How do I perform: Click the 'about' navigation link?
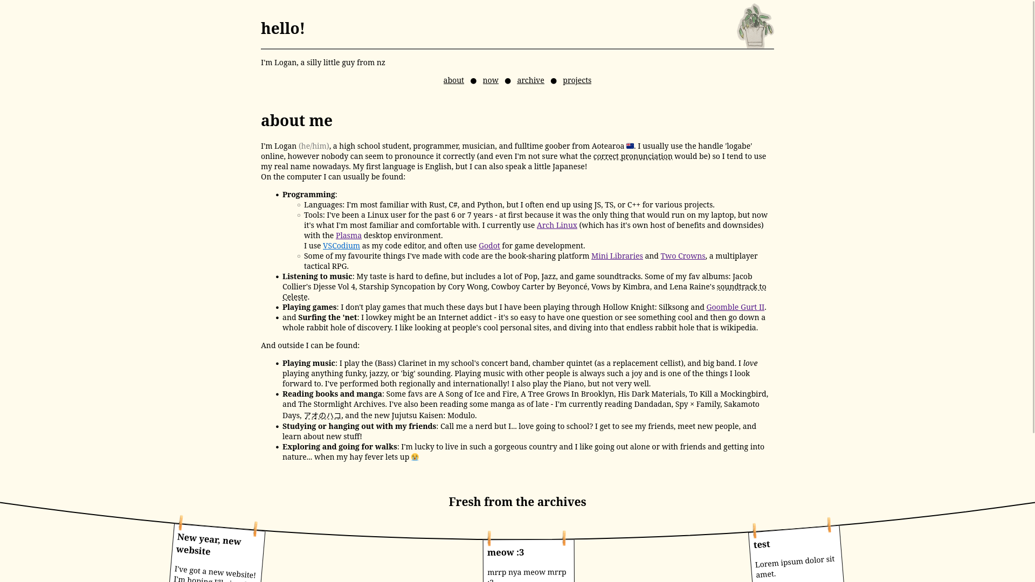[x=453, y=80]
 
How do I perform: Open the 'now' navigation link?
[x=491, y=80]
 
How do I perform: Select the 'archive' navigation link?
[x=530, y=80]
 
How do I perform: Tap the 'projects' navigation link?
[x=577, y=80]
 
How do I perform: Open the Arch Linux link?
[x=557, y=225]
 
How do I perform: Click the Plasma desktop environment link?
[x=349, y=235]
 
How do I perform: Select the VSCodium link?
[x=341, y=246]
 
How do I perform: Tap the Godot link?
[x=489, y=246]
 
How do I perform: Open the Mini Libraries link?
[x=617, y=256]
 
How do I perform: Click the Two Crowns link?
[x=683, y=256]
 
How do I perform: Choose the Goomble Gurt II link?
[x=735, y=307]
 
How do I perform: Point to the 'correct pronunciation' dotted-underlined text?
[x=633, y=156]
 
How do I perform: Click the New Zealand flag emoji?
[x=630, y=146]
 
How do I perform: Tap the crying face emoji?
[x=415, y=457]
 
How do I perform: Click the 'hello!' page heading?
[x=283, y=29]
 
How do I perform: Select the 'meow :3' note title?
[x=506, y=552]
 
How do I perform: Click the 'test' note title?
[x=762, y=544]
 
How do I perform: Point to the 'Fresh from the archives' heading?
[x=517, y=502]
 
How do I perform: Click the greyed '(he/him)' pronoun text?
[x=314, y=146]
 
